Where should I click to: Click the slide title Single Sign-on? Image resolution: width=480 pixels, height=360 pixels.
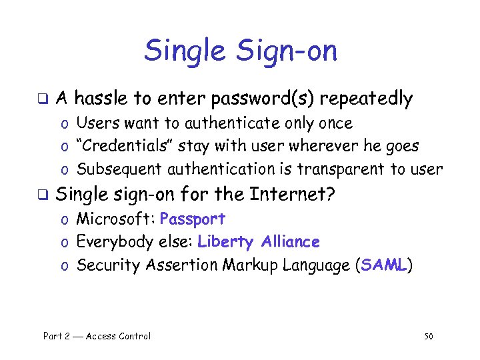(x=241, y=51)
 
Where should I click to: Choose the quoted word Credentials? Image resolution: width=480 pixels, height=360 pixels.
(x=118, y=146)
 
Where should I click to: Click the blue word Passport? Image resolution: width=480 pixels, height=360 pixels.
(x=193, y=219)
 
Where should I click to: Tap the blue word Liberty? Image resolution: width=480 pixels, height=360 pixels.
(x=226, y=242)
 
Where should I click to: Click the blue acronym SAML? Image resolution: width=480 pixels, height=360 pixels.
(x=383, y=265)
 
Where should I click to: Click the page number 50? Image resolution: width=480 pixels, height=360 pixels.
(x=428, y=336)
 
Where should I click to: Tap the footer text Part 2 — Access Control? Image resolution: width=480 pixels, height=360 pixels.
(x=97, y=336)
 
